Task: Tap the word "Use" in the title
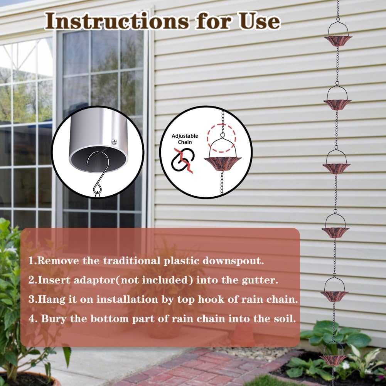pos(258,21)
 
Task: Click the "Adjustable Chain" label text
pos(185,139)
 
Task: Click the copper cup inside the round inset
pos(222,163)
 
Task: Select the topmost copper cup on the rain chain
pos(338,41)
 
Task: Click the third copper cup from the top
pos(336,168)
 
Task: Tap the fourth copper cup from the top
pos(335,231)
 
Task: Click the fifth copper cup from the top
pos(334,295)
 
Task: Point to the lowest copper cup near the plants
pos(334,359)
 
